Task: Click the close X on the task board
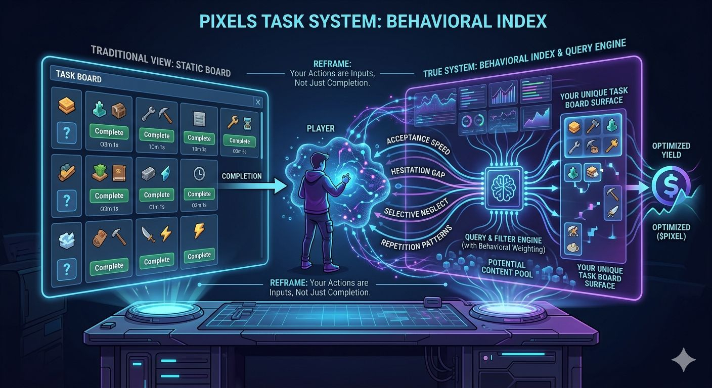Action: tap(258, 103)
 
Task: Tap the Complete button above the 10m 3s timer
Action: tap(199, 138)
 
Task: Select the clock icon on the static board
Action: tap(199, 174)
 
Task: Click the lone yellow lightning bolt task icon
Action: tap(199, 232)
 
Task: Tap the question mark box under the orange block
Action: tap(68, 133)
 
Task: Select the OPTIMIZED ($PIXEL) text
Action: tap(671, 232)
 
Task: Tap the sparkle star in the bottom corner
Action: tap(683, 359)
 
